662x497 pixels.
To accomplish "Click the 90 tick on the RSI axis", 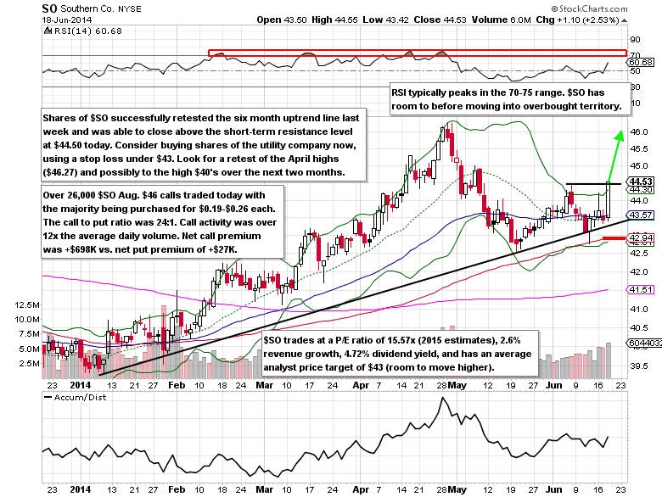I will (x=634, y=39).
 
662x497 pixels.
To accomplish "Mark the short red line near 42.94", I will (x=614, y=239).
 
